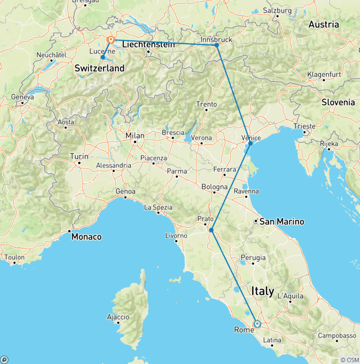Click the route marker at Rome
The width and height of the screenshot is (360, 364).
click(257, 324)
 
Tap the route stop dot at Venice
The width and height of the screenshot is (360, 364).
click(250, 143)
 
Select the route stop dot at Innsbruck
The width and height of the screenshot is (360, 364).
click(217, 45)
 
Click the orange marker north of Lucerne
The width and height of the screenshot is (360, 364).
click(111, 40)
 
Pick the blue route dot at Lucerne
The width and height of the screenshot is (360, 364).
click(103, 57)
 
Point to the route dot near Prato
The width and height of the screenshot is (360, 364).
click(211, 230)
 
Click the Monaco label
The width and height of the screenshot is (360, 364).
click(86, 237)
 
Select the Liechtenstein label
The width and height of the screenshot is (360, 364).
click(148, 45)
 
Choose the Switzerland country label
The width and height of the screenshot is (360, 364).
click(100, 68)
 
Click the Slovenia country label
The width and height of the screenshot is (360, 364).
click(338, 102)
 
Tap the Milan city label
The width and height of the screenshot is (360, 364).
click(135, 136)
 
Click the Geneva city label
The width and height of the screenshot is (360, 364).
click(24, 97)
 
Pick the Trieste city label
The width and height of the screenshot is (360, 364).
click(305, 126)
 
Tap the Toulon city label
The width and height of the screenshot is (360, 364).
click(15, 257)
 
